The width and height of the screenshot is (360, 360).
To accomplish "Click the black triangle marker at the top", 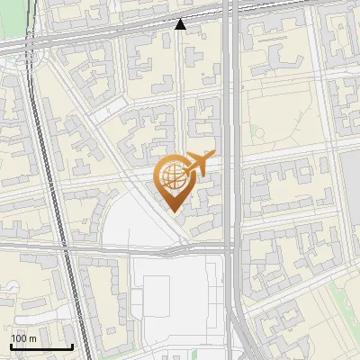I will tap(181, 24).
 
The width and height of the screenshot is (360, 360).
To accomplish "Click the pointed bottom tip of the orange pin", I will tap(175, 211).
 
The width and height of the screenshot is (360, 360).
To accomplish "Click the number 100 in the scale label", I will tap(19, 337).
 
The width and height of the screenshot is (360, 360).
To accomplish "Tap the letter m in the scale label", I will tap(32, 337).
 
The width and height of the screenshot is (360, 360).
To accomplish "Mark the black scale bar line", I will tap(40, 346).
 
